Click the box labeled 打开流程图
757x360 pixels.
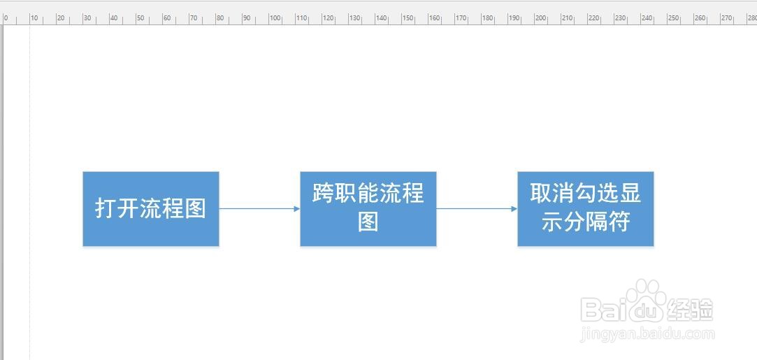tap(150, 209)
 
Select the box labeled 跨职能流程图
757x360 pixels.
tap(368, 209)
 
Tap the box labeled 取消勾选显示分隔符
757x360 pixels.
tap(586, 209)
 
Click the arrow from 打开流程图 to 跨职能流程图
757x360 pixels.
tap(260, 209)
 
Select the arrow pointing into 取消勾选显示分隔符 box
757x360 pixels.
tap(477, 209)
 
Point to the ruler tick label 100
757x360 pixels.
tap(275, 18)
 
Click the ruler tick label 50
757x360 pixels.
tap(140, 18)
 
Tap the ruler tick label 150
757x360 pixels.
tap(408, 18)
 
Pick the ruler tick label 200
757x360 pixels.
tap(541, 18)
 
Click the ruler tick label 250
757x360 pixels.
tap(674, 18)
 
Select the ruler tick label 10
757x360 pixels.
tap(34, 18)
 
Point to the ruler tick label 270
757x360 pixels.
tap(726, 18)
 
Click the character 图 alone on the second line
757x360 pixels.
tap(368, 223)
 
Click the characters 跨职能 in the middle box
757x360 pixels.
tap(346, 194)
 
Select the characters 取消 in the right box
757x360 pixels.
tap(552, 194)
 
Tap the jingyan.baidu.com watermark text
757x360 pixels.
tap(647, 334)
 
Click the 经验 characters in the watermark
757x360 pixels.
tap(690, 310)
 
